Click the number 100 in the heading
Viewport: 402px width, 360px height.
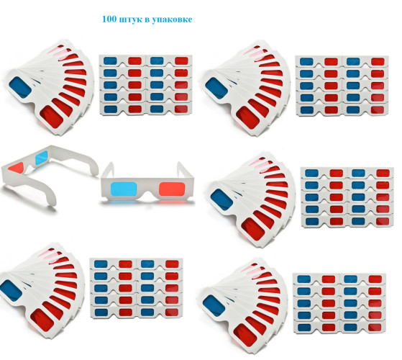point(109,19)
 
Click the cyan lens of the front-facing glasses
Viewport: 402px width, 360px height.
point(124,189)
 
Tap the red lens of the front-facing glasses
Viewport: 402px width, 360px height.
point(172,189)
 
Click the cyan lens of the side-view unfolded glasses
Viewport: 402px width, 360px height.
point(41,158)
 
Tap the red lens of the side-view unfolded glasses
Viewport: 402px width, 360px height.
point(16,167)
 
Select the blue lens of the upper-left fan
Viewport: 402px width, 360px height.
point(20,87)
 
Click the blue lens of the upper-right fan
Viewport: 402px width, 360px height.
point(216,89)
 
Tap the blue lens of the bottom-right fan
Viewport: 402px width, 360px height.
point(214,306)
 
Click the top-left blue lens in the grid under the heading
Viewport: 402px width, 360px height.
point(110,61)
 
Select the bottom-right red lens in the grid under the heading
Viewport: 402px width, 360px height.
point(181,109)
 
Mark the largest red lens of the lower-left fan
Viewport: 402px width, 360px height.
point(42,320)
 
